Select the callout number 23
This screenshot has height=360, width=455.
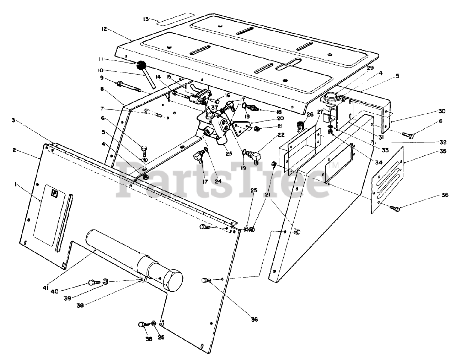(x=228, y=154)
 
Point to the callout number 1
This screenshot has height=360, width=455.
(x=16, y=184)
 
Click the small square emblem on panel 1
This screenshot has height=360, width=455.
(x=55, y=193)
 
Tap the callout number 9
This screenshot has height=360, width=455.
(x=102, y=78)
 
